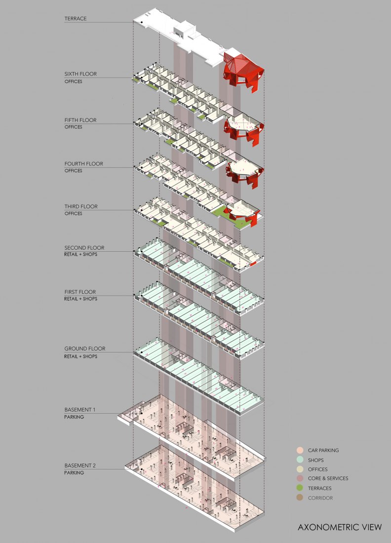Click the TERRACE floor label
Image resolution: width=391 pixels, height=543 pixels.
tap(76, 19)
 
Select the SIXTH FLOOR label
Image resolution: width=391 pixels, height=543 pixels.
tap(80, 74)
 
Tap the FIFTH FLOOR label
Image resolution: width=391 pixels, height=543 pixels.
tap(80, 120)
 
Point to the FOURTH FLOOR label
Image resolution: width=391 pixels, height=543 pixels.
tap(83, 164)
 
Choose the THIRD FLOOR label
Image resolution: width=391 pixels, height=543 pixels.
tap(80, 206)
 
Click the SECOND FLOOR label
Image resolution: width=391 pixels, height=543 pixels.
tap(84, 248)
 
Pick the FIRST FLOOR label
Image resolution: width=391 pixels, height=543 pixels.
tap(80, 292)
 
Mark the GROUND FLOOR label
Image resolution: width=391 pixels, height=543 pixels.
tap(85, 349)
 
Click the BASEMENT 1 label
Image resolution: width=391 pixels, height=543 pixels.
tap(79, 410)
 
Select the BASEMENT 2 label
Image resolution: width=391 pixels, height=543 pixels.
tap(80, 466)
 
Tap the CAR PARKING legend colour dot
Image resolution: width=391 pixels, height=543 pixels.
tap(300, 450)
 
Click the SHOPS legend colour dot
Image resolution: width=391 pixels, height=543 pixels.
tap(300, 460)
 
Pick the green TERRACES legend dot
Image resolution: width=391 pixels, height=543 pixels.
tap(300, 488)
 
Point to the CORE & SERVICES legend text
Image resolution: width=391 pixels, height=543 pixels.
tap(328, 479)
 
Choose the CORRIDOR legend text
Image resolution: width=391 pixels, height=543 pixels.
tap(320, 498)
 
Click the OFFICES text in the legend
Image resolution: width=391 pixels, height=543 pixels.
tap(317, 469)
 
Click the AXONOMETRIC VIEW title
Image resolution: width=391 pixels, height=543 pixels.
tap(340, 527)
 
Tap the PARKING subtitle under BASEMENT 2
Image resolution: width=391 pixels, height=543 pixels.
tap(74, 473)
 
